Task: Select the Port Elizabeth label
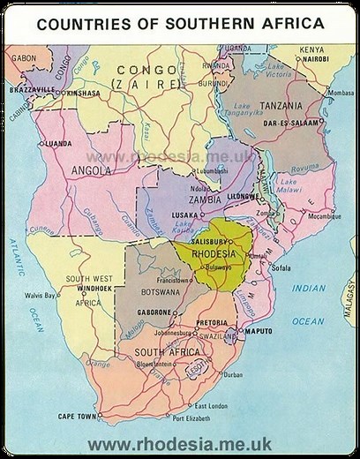point(192,418)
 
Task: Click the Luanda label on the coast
point(58,142)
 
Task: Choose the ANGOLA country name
point(88,169)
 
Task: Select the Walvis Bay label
point(39,295)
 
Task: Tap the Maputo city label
point(259,332)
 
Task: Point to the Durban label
point(233,375)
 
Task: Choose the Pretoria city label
point(212,322)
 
